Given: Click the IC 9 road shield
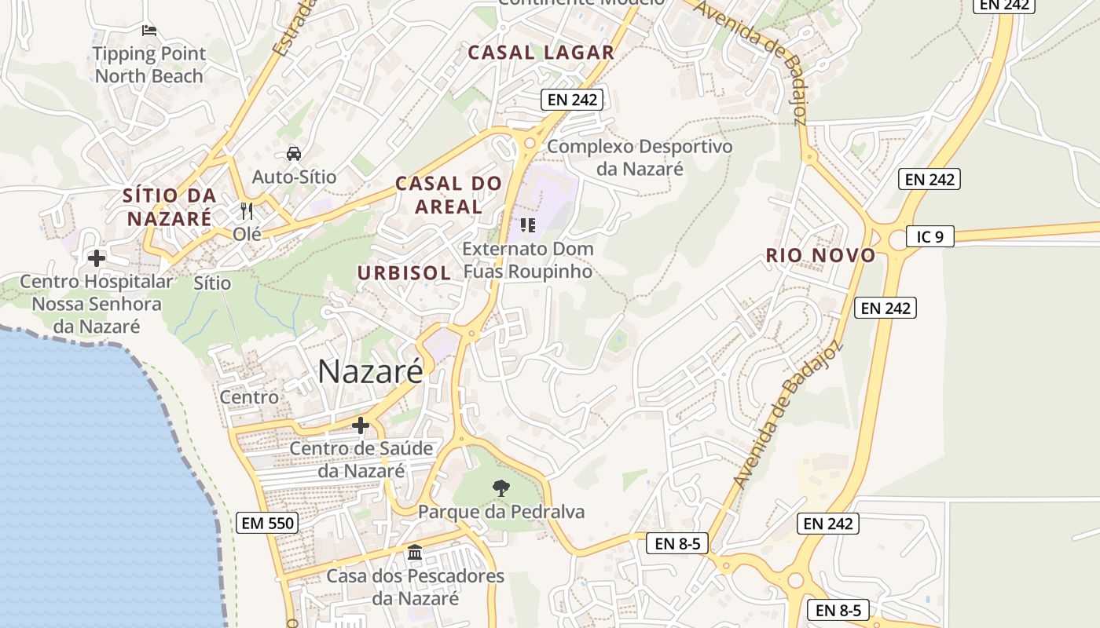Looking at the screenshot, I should (929, 236).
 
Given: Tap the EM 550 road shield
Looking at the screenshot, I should (268, 523).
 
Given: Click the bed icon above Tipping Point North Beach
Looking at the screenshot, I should (149, 31).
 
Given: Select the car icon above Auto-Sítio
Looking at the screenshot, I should (293, 154).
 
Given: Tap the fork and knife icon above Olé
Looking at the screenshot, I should (247, 210).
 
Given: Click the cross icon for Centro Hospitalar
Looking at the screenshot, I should (97, 257).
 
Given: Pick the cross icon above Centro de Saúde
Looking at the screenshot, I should (361, 425).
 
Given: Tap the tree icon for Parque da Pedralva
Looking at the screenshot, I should (500, 488).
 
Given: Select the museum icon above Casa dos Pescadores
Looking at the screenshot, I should (415, 553).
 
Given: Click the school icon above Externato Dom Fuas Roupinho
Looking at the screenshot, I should (528, 225).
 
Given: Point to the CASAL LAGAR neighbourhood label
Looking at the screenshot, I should (541, 53).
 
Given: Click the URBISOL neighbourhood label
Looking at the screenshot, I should (404, 273).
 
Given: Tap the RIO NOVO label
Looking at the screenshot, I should (820, 255).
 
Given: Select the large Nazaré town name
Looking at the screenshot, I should (370, 371).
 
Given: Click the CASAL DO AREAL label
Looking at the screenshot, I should (448, 195).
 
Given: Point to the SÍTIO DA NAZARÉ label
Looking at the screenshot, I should (169, 206).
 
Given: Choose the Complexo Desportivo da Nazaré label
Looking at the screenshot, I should (640, 157).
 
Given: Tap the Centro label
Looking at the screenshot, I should (249, 397).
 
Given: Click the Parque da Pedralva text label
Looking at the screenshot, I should (501, 512).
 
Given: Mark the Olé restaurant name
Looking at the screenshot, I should (247, 233).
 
